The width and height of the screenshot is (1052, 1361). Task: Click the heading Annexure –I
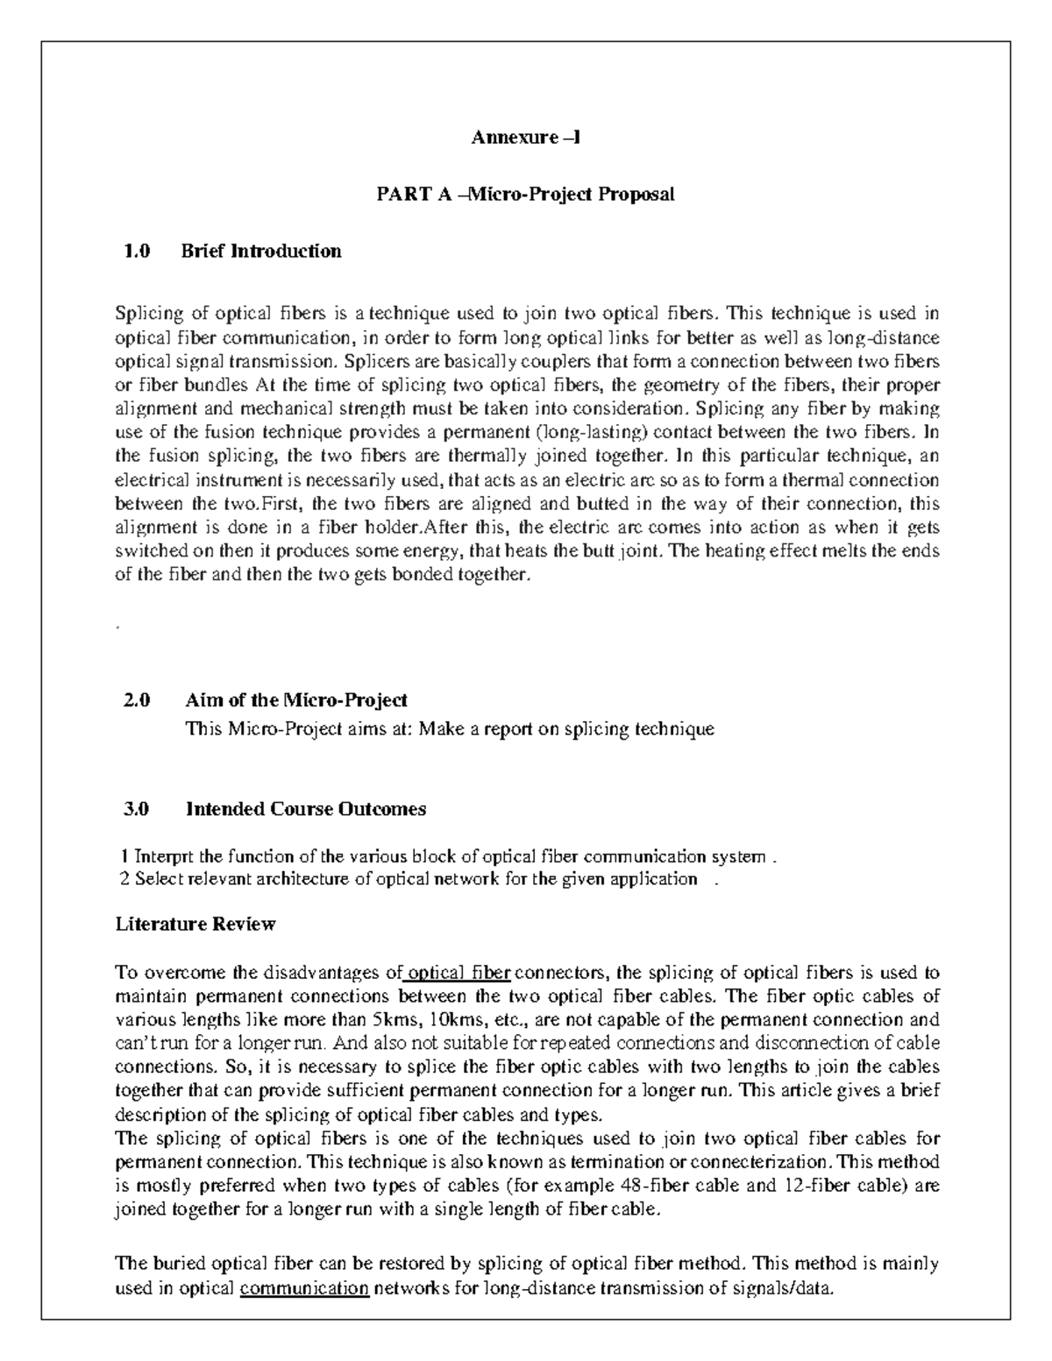point(525,138)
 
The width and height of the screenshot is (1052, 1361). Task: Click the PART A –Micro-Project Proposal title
point(525,195)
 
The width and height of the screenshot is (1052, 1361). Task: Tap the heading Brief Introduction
point(260,252)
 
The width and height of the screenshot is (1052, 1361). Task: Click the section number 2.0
point(137,700)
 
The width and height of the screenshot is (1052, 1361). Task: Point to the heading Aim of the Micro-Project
point(296,700)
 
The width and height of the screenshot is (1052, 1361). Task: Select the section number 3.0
point(137,809)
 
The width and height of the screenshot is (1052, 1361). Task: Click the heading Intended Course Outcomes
point(305,809)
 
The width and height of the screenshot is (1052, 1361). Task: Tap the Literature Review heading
point(195,924)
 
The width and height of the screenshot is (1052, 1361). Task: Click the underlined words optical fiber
point(459,973)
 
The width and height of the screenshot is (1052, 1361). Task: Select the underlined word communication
point(304,1288)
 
